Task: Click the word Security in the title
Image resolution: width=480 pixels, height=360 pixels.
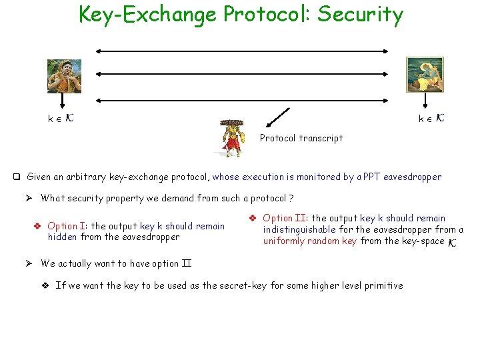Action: coord(360,14)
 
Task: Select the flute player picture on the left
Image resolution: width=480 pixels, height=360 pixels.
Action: coord(64,75)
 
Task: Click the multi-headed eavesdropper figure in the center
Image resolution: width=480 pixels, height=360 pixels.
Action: coord(230,139)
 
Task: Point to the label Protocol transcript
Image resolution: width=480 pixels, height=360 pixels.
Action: coord(301,138)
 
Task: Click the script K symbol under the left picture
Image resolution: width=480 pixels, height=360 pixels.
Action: coord(70,118)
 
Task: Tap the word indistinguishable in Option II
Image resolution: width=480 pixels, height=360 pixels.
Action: coord(299,229)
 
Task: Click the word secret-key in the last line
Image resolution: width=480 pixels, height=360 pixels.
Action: coord(227,285)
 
